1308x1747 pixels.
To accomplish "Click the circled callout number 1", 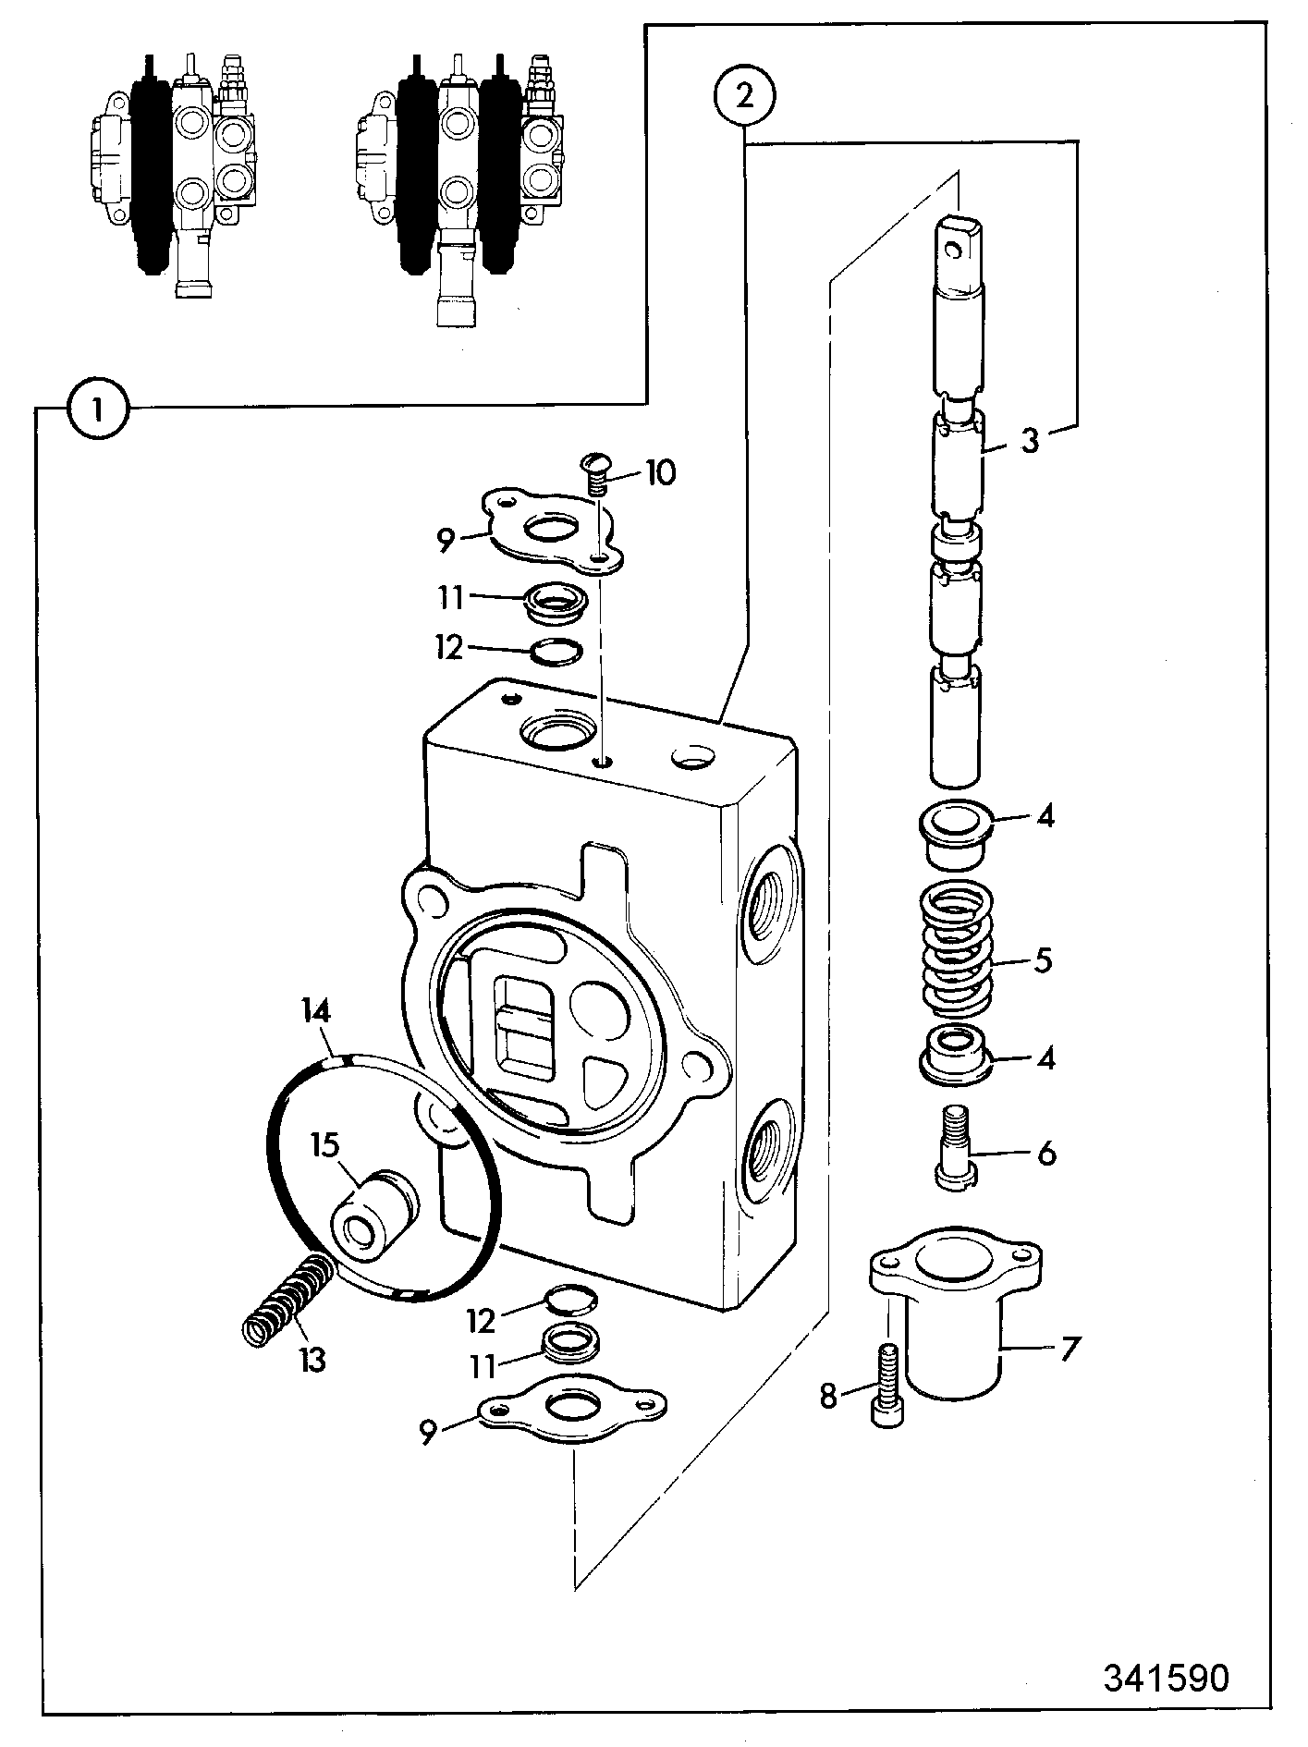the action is point(98,408).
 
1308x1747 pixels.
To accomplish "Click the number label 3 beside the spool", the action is point(1031,439).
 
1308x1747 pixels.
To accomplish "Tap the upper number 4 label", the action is point(1045,816).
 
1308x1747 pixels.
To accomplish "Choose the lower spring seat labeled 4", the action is point(957,1051).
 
